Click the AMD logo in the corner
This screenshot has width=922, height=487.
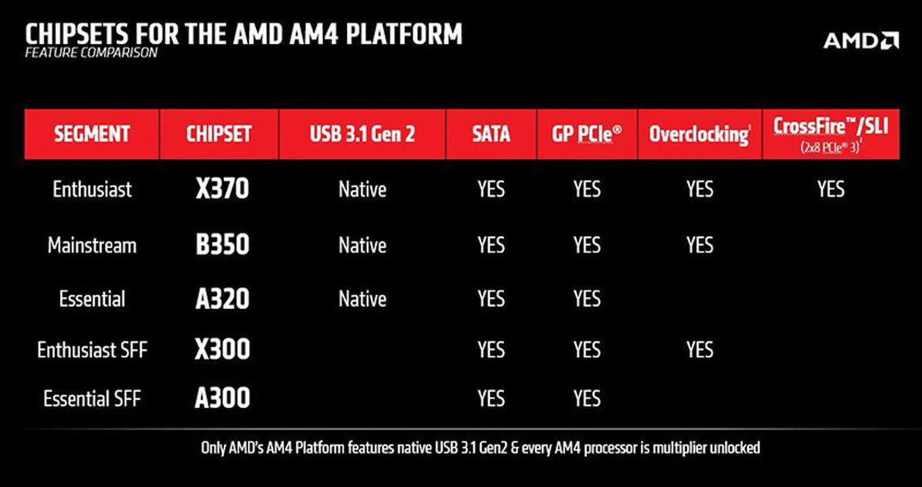861,40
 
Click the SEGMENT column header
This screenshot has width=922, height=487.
92,134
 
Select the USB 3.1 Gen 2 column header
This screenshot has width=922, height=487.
362,134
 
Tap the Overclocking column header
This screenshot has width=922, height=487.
699,134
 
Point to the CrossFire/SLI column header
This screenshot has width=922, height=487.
831,133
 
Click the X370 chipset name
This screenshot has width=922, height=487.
222,189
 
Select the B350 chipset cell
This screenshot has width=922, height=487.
222,245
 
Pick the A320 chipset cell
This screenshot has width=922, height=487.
222,299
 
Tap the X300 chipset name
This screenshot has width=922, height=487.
222,349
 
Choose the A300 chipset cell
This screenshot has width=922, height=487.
222,399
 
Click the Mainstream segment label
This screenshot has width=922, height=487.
92,245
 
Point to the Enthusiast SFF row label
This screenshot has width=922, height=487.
92,350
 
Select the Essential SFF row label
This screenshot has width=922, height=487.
92,399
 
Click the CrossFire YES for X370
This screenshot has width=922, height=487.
831,189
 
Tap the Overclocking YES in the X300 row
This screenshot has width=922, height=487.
700,350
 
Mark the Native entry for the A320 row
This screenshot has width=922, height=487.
362,299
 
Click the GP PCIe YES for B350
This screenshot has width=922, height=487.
587,245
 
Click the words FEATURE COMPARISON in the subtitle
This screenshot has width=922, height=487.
91,53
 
